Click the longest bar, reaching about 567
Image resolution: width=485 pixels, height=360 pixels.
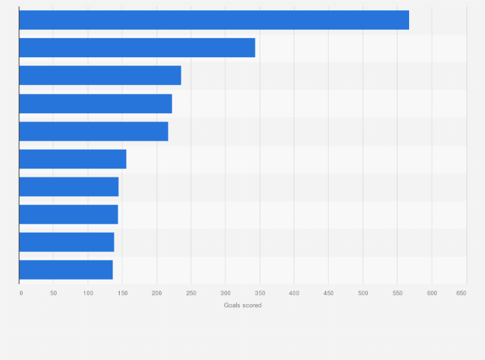tap(214, 20)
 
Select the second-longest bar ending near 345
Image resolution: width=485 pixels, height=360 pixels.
tap(137, 48)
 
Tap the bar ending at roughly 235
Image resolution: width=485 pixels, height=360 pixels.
tap(100, 75)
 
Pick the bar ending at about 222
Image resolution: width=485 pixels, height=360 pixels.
tap(95, 104)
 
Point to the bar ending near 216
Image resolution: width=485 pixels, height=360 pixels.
tap(93, 131)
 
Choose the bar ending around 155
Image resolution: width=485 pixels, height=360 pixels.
tap(73, 159)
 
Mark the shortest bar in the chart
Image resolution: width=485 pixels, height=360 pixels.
tap(66, 269)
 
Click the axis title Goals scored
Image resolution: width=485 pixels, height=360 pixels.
tap(243, 305)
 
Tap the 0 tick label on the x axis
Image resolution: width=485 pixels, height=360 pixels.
tap(21, 293)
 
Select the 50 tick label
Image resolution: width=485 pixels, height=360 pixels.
tap(53, 293)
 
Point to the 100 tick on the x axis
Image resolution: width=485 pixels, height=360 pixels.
tap(88, 293)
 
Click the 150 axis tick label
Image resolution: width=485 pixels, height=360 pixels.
tap(122, 293)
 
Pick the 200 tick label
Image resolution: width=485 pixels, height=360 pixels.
tap(156, 293)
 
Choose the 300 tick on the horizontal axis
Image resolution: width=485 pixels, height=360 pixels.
tap(225, 293)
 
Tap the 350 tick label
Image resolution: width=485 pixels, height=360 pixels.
tap(260, 293)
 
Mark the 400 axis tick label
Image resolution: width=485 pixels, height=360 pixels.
tap(294, 293)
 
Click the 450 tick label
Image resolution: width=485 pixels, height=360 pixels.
tap(328, 293)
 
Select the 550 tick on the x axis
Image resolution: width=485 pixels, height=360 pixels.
tap(397, 293)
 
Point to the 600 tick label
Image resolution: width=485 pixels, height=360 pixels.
tap(432, 293)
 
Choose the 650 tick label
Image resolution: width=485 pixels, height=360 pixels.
tap(461, 293)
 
